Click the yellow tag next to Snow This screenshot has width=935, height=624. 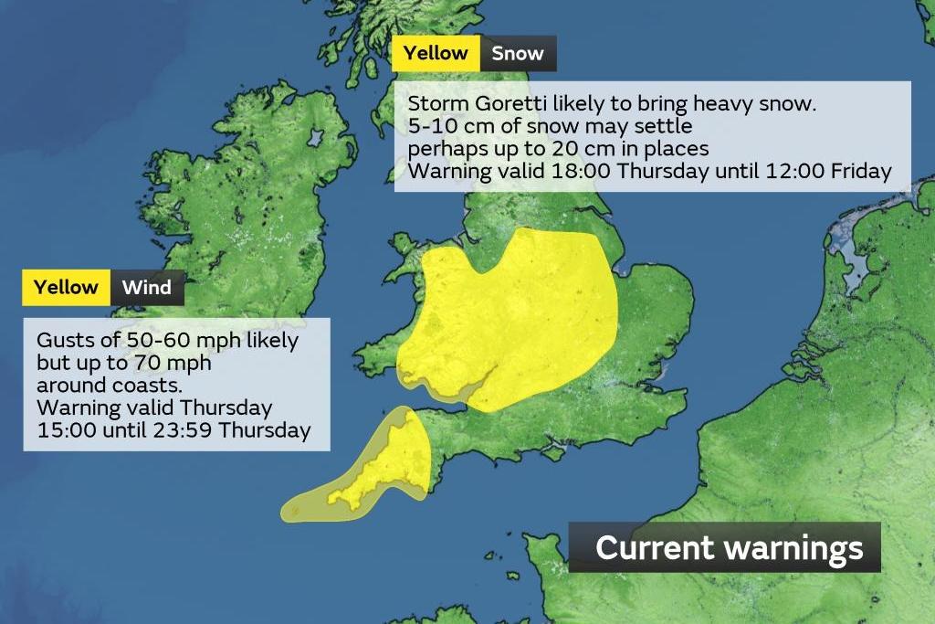(x=436, y=53)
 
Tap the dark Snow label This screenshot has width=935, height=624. (x=518, y=53)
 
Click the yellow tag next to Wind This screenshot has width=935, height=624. (x=66, y=288)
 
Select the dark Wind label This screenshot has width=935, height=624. (x=147, y=288)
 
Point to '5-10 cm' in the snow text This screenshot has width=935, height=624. (x=443, y=125)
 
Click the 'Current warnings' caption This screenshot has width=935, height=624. (x=728, y=547)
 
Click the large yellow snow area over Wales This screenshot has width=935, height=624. (x=511, y=320)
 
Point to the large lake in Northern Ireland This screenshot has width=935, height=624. (x=316, y=138)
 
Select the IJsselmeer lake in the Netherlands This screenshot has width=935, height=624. (x=858, y=260)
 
